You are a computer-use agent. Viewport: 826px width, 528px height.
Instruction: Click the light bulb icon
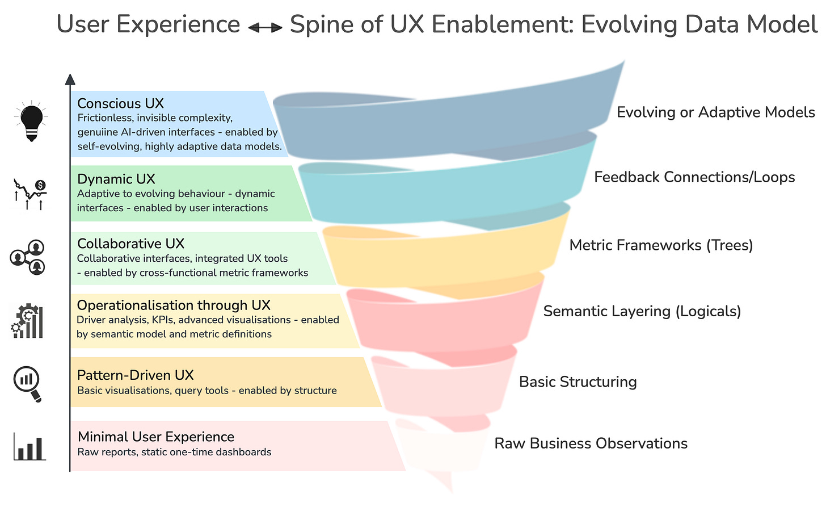point(31,121)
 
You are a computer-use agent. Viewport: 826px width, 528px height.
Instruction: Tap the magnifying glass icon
point(27,383)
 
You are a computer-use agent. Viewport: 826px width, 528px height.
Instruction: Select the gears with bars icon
point(27,321)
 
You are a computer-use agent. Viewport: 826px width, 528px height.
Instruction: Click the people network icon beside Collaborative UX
point(27,257)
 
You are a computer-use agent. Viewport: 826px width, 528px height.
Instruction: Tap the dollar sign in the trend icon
point(40,185)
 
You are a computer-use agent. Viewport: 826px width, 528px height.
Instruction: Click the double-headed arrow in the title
point(265,27)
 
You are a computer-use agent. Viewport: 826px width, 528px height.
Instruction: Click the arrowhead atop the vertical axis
point(70,79)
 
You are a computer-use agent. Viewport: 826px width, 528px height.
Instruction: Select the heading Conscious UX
point(120,103)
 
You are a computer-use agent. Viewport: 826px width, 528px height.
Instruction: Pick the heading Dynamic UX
point(116,179)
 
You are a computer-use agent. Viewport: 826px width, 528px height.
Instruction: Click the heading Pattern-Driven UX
point(135,375)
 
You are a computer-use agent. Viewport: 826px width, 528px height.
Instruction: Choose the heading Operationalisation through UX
point(174,305)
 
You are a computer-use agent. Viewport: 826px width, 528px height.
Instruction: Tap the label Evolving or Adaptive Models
point(716,112)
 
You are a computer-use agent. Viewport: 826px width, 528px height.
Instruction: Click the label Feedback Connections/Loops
point(694,177)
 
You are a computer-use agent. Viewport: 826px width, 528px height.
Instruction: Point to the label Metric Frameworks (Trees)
point(661,245)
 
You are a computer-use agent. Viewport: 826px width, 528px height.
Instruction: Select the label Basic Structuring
point(578,382)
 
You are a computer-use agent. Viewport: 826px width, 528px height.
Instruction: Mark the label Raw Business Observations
point(591,443)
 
